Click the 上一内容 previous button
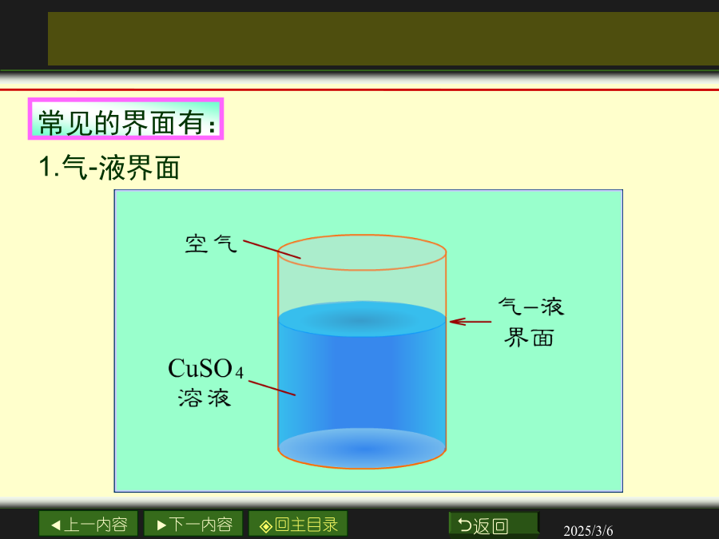[x=88, y=524]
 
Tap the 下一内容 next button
[x=193, y=524]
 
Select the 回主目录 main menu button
[x=298, y=524]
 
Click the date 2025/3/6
[x=588, y=531]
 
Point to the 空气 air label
[x=211, y=244]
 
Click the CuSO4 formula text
[x=205, y=368]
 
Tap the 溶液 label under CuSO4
[x=205, y=398]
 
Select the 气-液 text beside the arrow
[x=531, y=307]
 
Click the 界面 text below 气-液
[x=529, y=338]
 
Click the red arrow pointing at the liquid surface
[x=471, y=322]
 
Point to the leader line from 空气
[x=272, y=249]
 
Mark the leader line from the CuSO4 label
[x=272, y=388]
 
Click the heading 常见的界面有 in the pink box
[x=125, y=123]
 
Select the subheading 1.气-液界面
[x=109, y=168]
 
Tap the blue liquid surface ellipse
[x=362, y=319]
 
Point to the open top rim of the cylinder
[x=362, y=235]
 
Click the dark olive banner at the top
[x=383, y=38]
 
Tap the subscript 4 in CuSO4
[x=239, y=372]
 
